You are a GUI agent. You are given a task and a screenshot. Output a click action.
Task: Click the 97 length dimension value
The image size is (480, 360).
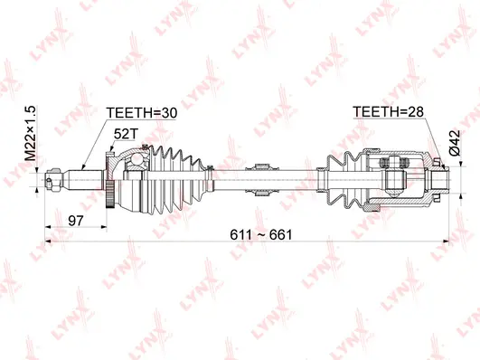(76, 220)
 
